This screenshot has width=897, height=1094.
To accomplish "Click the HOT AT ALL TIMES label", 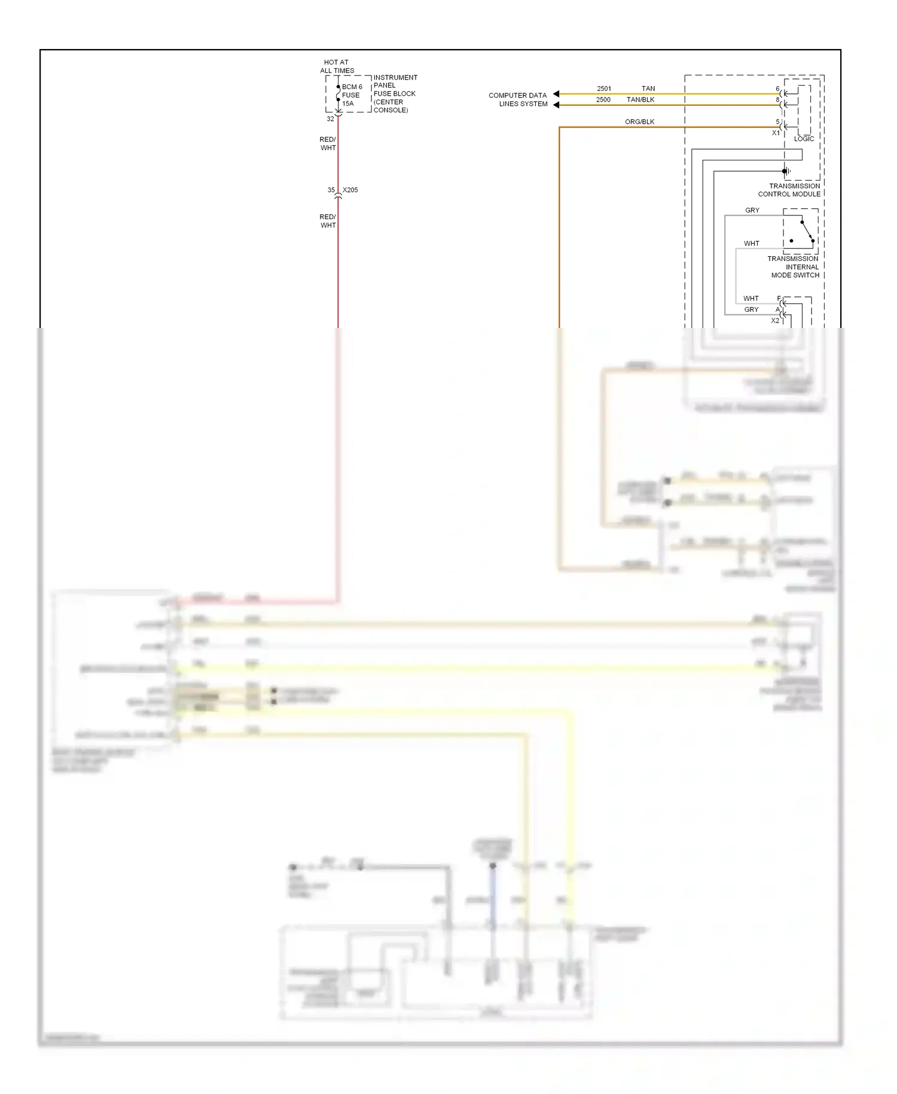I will point(337,66).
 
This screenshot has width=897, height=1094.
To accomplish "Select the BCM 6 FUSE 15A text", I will point(352,95).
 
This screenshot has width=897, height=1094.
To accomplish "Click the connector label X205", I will point(350,190).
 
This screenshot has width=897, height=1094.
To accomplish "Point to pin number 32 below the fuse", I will point(330,119).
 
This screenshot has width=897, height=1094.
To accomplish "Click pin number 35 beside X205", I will point(331,190).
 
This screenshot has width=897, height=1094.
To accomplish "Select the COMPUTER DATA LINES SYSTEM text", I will point(518,99).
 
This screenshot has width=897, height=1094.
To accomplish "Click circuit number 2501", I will point(604,89).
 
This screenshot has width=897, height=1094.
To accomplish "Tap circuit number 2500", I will point(603,100).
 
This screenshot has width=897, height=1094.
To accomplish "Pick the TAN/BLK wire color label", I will point(640,100).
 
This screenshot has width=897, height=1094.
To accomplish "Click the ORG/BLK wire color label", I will point(639,122).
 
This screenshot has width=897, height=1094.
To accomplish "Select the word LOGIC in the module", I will point(804,139).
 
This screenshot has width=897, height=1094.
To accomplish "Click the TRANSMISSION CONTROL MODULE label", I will point(789,190).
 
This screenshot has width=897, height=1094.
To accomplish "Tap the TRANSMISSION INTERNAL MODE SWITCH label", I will point(794,267).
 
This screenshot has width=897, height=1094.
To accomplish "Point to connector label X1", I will point(776,133).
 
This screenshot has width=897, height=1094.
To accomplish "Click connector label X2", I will point(775,321).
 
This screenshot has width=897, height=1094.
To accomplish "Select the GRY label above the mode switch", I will point(752,211).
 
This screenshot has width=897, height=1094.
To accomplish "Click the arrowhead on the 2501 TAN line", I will point(556,94).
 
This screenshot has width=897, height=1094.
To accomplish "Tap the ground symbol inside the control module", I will point(788,171).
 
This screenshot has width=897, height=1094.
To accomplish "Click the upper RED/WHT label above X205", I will point(328,144).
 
